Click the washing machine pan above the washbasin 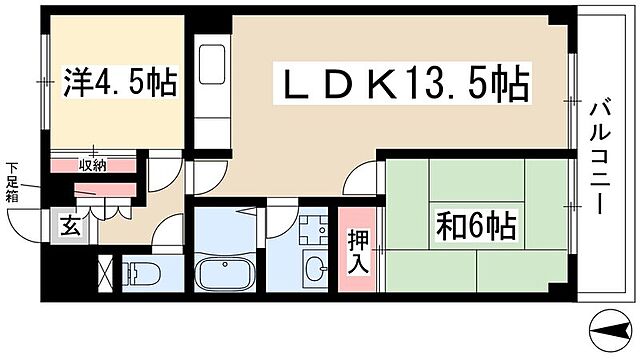[x=311, y=227]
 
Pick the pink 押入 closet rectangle [x=357, y=251]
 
